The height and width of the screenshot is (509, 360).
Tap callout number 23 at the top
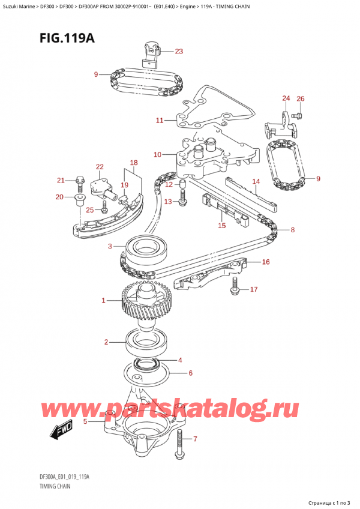click(179, 51)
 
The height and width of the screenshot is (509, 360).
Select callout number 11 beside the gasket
click(160, 121)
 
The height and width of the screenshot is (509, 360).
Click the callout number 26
click(301, 98)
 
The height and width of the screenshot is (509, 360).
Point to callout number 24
click(286, 98)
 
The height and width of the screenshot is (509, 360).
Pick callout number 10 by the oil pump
click(157, 155)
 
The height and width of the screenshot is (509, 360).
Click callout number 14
click(256, 181)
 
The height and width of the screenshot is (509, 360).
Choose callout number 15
click(221, 226)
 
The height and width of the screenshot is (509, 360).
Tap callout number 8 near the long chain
click(292, 229)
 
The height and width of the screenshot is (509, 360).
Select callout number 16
click(266, 262)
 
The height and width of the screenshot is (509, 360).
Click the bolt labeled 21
click(80, 181)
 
